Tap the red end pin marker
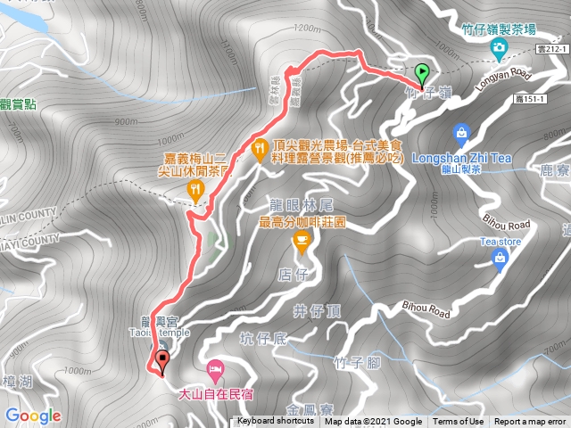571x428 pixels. (161, 361)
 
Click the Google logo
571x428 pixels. (32, 416)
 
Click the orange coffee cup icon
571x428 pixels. (302, 239)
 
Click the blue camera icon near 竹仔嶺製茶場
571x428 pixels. (501, 45)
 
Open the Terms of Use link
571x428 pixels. (459, 422)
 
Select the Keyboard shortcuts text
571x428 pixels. (276, 422)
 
